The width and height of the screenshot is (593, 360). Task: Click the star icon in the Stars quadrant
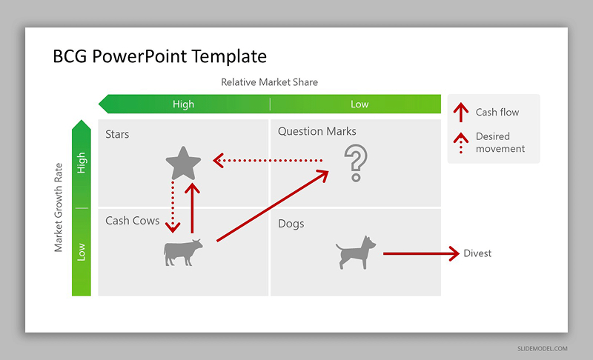183,163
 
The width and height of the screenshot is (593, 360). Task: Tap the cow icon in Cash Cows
183,252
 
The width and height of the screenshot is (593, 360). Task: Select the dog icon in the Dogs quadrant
356,253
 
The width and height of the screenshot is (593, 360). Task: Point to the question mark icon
356,163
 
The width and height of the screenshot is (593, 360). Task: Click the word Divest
477,253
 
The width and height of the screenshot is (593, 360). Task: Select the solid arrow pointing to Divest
421,253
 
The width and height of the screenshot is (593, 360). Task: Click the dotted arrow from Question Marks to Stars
268,161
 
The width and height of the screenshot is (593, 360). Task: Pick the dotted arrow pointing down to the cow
173,207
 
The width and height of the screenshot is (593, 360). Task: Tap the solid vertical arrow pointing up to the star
193,208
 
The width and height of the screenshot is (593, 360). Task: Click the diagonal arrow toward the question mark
273,206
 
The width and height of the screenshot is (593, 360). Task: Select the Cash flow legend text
497,112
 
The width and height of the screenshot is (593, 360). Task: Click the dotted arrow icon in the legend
461,143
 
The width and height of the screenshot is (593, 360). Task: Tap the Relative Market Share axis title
269,82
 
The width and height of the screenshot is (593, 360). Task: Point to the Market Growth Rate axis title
58,207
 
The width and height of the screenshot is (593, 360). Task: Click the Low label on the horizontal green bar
360,104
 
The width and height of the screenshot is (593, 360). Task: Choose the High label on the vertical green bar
82,163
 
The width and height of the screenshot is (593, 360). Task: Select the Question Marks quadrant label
317,131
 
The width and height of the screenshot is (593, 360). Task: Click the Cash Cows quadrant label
133,221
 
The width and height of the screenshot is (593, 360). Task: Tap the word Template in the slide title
229,56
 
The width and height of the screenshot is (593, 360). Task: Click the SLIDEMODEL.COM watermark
543,349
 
